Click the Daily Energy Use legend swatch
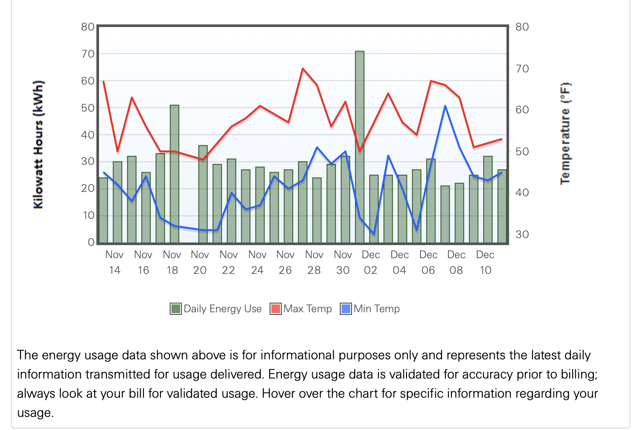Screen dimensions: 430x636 click(175, 309)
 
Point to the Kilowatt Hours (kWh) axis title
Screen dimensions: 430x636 click(38, 144)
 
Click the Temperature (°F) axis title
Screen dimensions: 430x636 click(565, 133)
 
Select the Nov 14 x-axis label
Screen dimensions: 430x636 click(114, 262)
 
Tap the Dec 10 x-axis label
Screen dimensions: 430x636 click(485, 262)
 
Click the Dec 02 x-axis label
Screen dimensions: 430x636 click(371, 262)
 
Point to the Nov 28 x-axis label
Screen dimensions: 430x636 click(314, 262)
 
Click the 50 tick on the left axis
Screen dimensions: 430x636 click(88, 108)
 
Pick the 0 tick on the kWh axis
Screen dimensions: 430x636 click(91, 242)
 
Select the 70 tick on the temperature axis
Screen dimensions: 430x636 click(522, 68)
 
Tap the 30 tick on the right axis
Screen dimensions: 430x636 click(522, 234)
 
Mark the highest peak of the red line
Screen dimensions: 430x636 click(303, 68)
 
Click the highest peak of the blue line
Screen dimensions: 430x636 click(445, 106)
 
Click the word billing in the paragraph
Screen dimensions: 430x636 click(577, 374)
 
